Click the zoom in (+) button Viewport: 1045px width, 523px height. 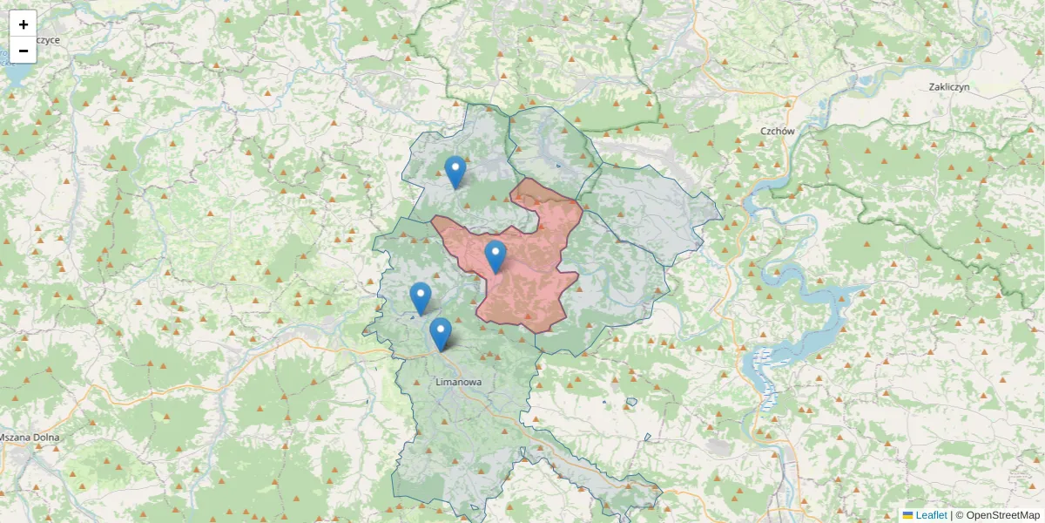23,24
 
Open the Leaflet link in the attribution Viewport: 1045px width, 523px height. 931,515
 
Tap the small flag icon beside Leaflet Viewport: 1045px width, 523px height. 908,515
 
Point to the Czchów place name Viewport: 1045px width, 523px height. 778,131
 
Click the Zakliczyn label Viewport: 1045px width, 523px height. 948,87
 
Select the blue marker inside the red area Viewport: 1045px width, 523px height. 496,256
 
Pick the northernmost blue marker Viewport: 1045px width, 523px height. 455,172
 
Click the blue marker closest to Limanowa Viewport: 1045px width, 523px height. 441,334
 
